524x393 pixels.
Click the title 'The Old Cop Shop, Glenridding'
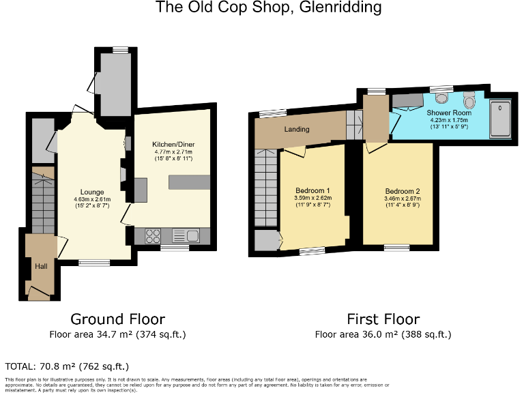pos(269,8)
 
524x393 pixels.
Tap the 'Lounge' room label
pos(92,192)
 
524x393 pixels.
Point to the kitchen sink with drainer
pos(186,236)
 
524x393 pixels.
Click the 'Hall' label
pos(41,266)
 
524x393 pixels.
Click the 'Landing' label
pos(297,130)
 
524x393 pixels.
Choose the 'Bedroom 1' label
pos(313,190)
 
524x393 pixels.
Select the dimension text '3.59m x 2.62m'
pos(313,199)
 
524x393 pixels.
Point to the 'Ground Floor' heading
pos(118,319)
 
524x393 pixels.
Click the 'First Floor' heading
pos(383,319)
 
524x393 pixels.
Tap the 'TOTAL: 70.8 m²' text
pos(67,366)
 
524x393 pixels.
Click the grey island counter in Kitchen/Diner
pos(189,182)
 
